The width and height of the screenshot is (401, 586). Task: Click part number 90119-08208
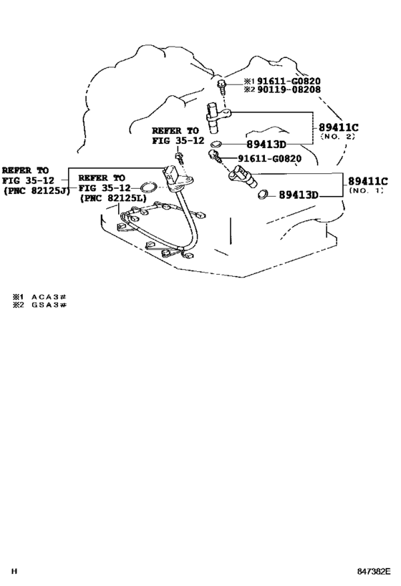tap(289, 89)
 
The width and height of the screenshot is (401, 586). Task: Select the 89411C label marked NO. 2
tap(338, 128)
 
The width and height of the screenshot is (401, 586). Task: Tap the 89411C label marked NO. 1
tap(368, 181)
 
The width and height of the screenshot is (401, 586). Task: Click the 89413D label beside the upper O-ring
tap(266, 145)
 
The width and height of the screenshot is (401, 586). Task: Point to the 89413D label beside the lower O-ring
tap(299, 195)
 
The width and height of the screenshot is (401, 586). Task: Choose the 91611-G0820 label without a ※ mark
tap(269, 159)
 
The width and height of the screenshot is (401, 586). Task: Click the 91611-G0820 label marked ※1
tap(289, 81)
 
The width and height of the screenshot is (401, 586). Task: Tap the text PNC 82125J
tap(37, 190)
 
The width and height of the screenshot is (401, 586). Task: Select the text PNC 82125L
tap(113, 197)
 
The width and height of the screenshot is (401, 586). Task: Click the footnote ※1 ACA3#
tap(39, 297)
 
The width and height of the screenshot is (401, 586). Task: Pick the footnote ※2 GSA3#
tap(39, 305)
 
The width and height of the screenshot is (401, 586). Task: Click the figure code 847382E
tap(373, 572)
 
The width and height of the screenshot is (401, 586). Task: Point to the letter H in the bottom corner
tap(14, 572)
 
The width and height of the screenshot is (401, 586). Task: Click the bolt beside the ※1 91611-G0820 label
tap(222, 87)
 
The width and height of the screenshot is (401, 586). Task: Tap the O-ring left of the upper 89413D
tap(216, 144)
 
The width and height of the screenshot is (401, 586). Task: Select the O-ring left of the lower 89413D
tap(264, 195)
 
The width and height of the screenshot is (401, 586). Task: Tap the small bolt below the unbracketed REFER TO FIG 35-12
tap(180, 158)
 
